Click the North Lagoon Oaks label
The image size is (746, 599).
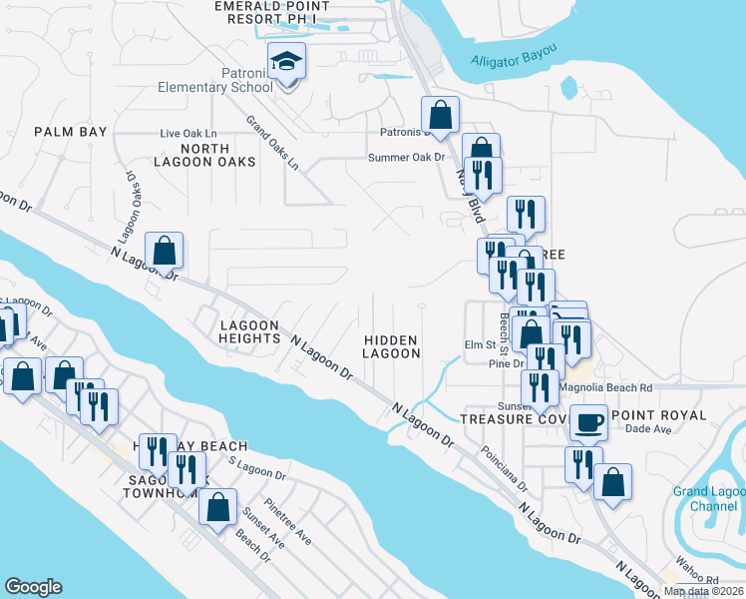click(204, 154)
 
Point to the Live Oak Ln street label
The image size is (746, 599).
click(188, 133)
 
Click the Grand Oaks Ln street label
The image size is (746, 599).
click(272, 144)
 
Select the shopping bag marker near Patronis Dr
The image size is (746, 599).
click(440, 116)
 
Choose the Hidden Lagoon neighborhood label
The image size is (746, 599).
click(391, 346)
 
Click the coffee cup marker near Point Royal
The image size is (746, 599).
click(589, 422)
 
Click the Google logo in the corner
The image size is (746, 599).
click(33, 587)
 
